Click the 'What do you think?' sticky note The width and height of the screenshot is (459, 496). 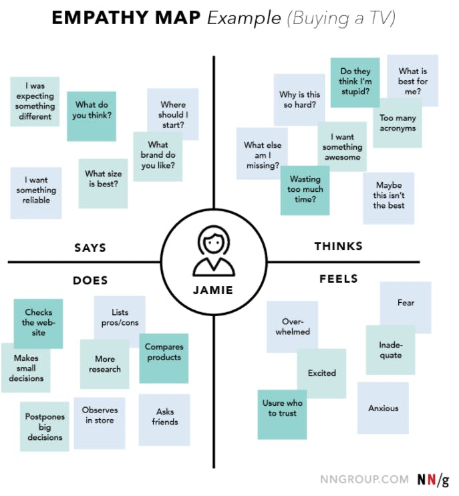point(92,116)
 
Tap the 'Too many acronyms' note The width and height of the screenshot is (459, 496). point(398,123)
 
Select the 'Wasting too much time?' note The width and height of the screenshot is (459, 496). point(305,191)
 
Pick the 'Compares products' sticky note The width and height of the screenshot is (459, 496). point(164,358)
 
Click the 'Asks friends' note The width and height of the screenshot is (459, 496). point(164,420)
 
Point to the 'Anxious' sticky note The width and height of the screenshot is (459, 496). point(383,408)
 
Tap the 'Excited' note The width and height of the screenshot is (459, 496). point(321,373)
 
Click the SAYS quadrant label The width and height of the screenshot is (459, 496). point(90,248)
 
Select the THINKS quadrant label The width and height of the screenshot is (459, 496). point(339,246)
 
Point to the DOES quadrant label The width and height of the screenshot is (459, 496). point(90,280)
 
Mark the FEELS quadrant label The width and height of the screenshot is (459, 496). point(339,279)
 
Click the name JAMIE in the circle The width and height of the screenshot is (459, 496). point(213,290)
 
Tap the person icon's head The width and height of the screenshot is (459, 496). point(214,241)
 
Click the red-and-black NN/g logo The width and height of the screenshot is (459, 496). point(433,479)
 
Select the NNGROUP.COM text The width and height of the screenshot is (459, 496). point(365,479)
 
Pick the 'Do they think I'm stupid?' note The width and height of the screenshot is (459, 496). point(355,82)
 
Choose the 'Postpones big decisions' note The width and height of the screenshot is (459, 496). point(45,426)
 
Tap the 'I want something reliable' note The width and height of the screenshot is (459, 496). point(36,193)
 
